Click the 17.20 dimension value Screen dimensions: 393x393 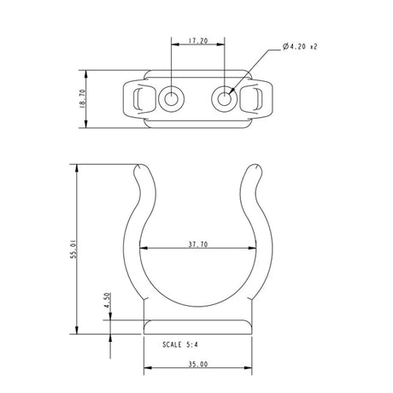tap(198, 40)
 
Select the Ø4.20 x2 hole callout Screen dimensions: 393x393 tap(304, 48)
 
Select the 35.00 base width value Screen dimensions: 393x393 tap(198, 365)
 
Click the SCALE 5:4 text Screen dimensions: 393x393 tap(185, 346)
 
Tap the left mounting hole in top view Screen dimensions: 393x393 tap(171, 99)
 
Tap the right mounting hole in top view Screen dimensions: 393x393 tap(226, 99)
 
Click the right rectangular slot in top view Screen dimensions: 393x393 tap(254, 99)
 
